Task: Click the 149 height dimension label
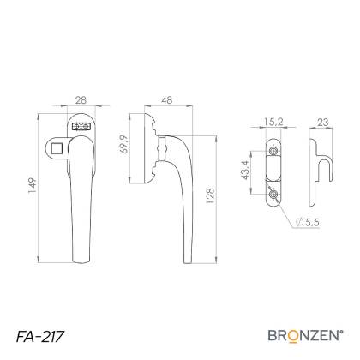tap(33, 186)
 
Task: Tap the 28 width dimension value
tap(81, 100)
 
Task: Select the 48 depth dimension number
tap(167, 100)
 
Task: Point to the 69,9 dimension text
tap(125, 144)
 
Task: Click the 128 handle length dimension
tap(210, 196)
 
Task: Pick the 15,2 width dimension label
tap(273, 122)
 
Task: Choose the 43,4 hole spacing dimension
tap(245, 170)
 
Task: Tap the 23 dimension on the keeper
tap(323, 123)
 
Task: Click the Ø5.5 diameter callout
tap(308, 222)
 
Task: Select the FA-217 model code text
tap(39, 337)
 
